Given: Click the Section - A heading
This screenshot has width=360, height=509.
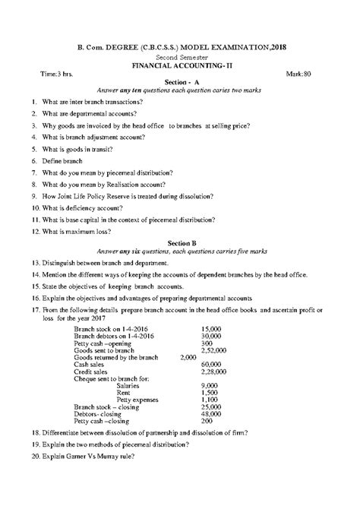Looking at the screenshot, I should [181, 81].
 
